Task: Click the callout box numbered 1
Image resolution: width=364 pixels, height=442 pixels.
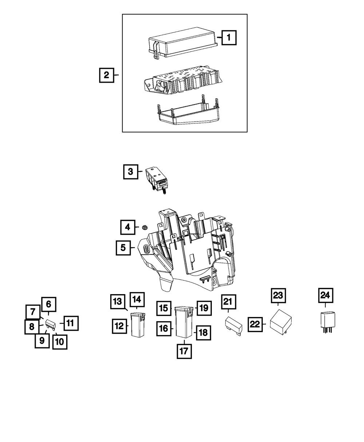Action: point(229,37)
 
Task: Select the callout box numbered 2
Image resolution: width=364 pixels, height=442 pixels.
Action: point(106,75)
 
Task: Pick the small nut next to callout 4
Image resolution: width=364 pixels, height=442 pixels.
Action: point(145,228)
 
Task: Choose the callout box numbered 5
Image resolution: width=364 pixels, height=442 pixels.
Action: point(123,248)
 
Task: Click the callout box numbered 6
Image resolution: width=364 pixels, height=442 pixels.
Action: point(49,304)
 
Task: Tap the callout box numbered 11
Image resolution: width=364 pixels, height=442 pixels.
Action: point(71,323)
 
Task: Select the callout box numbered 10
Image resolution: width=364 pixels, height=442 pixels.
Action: point(60,342)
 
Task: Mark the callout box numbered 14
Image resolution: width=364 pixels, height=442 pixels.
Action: point(136,300)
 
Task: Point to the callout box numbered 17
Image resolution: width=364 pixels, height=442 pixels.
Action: point(184,351)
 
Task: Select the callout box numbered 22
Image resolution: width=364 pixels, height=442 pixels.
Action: point(256,324)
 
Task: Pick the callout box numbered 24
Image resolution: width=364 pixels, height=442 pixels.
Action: point(325,295)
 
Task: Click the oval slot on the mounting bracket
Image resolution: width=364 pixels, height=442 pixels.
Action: point(146,250)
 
